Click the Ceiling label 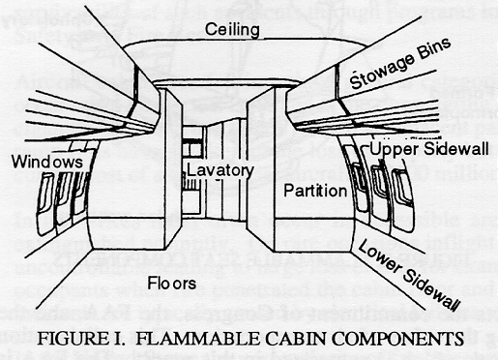[x=233, y=30]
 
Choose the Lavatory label [x=220, y=170]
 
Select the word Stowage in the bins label [x=382, y=70]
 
